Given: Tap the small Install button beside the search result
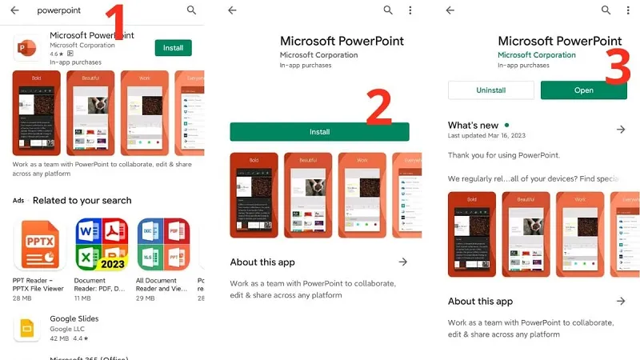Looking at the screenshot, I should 173,48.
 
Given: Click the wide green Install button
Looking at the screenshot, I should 319,132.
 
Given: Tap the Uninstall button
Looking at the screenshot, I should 490,90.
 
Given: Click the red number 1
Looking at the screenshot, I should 118,22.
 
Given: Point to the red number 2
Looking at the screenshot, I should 378,108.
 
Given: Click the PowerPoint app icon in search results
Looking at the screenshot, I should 27,47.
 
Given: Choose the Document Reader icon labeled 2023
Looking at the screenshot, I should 101,244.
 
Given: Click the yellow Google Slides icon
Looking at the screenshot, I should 27,328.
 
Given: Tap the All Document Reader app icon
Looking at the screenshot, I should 162,244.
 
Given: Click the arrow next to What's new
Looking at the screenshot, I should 621,130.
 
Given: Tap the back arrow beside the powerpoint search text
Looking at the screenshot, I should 14,10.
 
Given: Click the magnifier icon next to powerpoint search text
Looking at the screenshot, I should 191,10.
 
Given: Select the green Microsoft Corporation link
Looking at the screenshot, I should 536,55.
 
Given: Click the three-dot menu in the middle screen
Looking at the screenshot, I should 410,10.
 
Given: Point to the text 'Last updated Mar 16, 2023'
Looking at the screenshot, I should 487,137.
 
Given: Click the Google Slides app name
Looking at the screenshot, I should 74,318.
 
